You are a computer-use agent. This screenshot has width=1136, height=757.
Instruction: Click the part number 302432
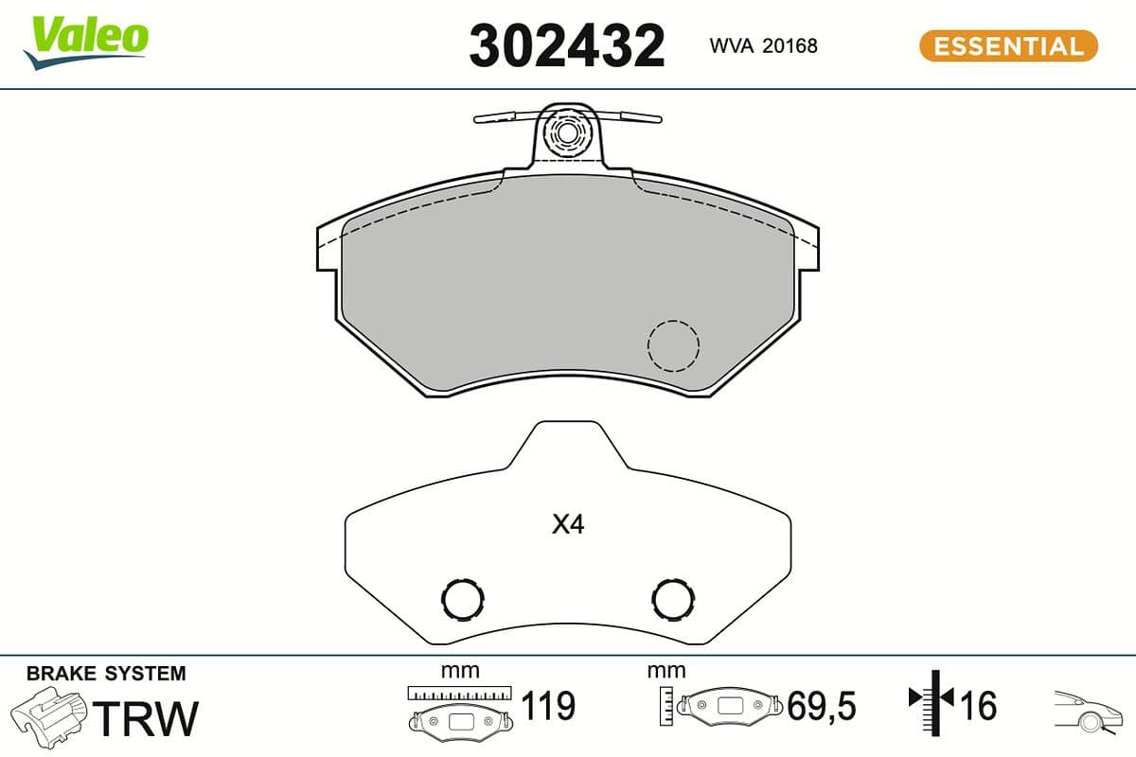coord(566,45)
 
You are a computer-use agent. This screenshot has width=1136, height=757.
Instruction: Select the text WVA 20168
coord(763,45)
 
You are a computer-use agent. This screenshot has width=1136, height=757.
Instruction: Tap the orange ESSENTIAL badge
coord(1008,45)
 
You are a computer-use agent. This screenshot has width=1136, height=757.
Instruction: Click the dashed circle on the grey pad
coord(673,345)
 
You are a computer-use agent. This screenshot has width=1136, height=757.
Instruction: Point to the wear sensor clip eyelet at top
coord(567,132)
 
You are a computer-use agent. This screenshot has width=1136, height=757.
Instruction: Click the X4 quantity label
coord(568,525)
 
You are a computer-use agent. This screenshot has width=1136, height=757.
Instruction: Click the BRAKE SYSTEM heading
coord(106,674)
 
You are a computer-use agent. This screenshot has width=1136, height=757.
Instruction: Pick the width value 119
coord(549,706)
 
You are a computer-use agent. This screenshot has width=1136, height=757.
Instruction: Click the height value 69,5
coord(822,706)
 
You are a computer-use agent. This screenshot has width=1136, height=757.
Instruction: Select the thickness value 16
coord(979,706)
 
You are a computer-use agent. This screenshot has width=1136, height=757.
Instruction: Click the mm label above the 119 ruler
coord(460,671)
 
